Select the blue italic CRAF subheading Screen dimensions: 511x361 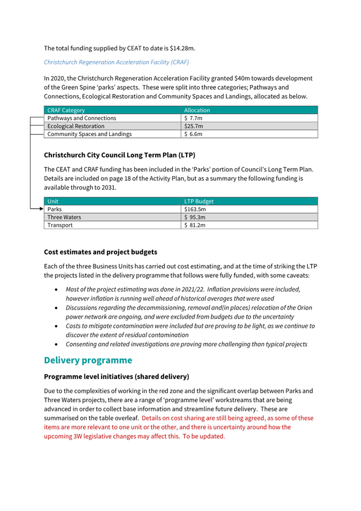click(x=117, y=63)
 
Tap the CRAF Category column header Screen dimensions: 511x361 click(x=66, y=110)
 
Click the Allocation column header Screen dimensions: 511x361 click(x=197, y=110)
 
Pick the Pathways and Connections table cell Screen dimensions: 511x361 click(x=82, y=118)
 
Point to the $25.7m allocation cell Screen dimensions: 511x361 click(x=193, y=126)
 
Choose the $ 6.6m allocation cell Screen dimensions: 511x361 click(x=193, y=134)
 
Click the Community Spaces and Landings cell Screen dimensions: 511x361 click(x=89, y=134)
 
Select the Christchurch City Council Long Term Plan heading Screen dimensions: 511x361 click(x=119, y=156)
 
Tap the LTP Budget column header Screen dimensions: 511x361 click(x=199, y=202)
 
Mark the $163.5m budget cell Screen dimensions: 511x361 click(x=195, y=210)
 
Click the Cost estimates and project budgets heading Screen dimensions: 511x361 click(x=101, y=251)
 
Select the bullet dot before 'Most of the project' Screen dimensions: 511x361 click(x=57, y=289)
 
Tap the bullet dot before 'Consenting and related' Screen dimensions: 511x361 click(x=57, y=344)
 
